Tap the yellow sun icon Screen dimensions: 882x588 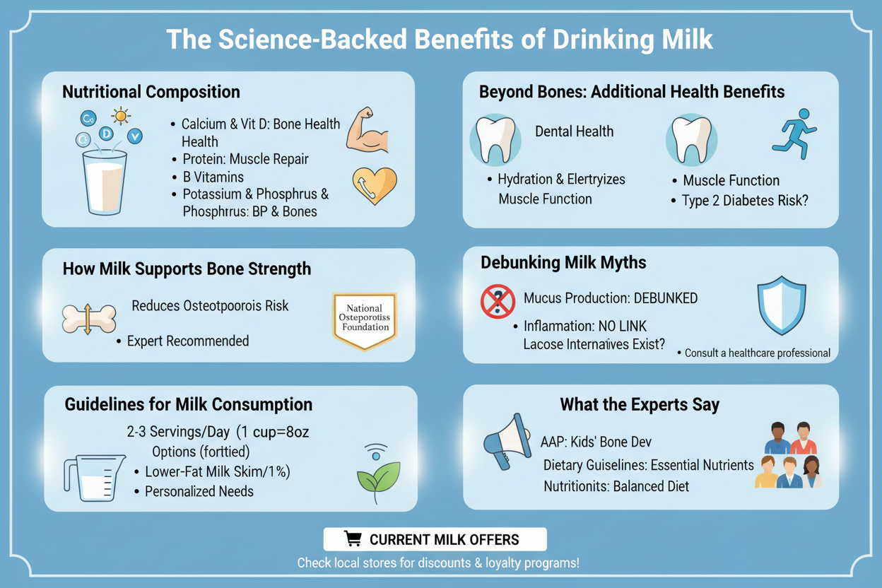[120, 116]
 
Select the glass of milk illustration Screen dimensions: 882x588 [105, 182]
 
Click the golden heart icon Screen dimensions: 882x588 [375, 185]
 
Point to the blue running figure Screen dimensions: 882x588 [794, 134]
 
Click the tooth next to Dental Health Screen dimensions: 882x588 [495, 140]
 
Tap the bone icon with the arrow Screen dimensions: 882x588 [89, 319]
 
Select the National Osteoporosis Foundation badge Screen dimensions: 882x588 [365, 321]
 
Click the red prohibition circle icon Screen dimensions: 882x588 [498, 301]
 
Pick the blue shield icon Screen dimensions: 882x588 [782, 305]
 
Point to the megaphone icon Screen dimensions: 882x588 [508, 442]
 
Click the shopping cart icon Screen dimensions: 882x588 [353, 539]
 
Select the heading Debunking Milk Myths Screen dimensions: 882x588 [563, 263]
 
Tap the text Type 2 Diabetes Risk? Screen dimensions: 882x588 [745, 201]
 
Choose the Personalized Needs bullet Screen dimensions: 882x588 [199, 491]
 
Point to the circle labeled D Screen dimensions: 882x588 [106, 134]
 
